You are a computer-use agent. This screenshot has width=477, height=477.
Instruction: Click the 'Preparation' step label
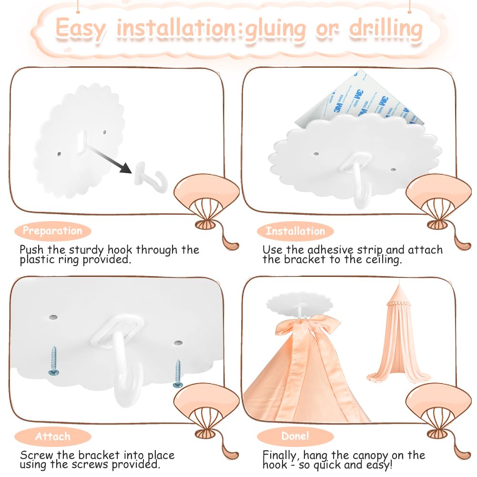click(52, 231)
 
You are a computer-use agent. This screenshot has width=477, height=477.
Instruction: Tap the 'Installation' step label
click(295, 231)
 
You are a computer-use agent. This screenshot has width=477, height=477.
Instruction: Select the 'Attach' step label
click(52, 436)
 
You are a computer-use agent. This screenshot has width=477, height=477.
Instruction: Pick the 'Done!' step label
click(295, 436)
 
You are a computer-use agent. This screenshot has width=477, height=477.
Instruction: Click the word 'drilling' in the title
click(386, 29)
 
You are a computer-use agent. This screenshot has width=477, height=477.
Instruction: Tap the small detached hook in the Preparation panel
click(151, 177)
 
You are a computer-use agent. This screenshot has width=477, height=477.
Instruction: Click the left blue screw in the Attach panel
click(54, 361)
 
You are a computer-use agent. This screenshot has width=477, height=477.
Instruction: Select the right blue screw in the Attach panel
click(178, 374)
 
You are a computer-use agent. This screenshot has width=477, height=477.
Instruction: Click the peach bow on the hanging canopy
click(307, 341)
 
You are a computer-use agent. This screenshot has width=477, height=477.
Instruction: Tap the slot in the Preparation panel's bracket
click(81, 141)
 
